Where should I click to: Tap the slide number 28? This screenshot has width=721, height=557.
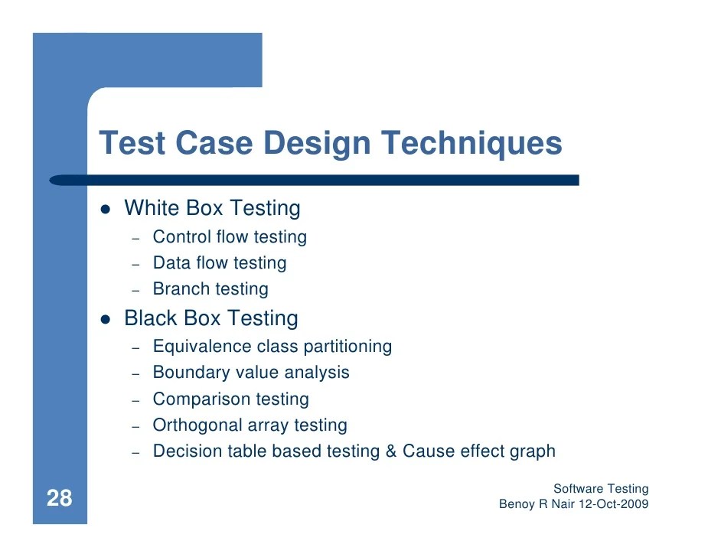[59, 500]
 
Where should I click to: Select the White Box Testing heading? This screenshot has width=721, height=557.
[212, 208]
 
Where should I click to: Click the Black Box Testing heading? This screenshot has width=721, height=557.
[211, 318]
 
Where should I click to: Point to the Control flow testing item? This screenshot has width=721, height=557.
[230, 237]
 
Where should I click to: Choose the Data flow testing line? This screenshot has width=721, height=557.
[220, 263]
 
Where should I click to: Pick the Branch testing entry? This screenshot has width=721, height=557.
[210, 289]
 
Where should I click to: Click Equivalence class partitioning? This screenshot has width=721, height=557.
[272, 347]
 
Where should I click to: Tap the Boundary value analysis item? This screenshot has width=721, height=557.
[251, 373]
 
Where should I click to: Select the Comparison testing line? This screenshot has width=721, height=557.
[230, 399]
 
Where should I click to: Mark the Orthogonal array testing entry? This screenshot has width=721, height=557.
[250, 425]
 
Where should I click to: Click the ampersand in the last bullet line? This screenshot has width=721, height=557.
[390, 451]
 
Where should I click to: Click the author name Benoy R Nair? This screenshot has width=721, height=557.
[534, 505]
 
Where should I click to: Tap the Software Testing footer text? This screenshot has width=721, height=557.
[600, 489]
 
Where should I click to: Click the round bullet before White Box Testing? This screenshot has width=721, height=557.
[106, 209]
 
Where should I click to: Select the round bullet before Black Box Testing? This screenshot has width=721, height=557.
[106, 319]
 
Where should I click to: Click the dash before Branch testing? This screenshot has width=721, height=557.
[135, 291]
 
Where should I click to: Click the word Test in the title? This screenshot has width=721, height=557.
[132, 145]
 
